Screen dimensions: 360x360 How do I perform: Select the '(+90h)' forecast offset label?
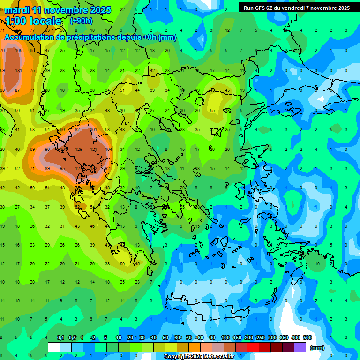(x=81, y=21)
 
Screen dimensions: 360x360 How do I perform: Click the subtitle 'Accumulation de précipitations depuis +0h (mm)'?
(x=90, y=37)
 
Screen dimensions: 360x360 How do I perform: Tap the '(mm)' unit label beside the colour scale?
(x=317, y=348)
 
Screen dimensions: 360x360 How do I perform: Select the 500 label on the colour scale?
(x=307, y=337)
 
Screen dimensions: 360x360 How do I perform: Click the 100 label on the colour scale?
(x=225, y=337)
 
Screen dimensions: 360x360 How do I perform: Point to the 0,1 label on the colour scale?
(x=60, y=337)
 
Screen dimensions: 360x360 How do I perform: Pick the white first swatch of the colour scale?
(x=54, y=347)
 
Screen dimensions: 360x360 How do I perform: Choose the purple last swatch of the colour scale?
(x=300, y=347)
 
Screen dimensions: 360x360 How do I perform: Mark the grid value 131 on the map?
(x=18, y=71)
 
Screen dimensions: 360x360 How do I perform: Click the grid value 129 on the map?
(x=78, y=149)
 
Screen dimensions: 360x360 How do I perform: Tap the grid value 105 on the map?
(x=18, y=50)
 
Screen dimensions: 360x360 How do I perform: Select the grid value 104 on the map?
(x=108, y=149)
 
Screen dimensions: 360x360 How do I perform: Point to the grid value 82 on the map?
(x=78, y=129)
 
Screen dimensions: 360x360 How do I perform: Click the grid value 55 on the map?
(x=212, y=111)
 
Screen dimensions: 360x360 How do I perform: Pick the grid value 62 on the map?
(x=77, y=207)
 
